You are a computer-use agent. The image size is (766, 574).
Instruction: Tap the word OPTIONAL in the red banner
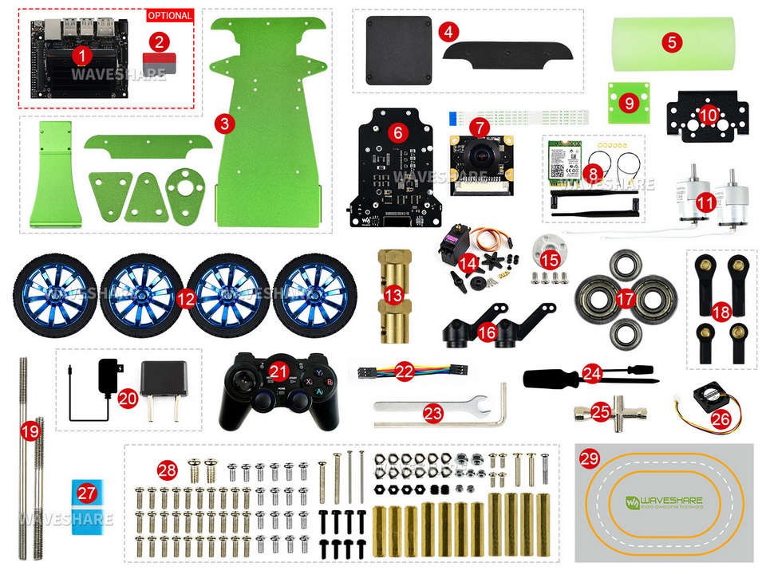170,15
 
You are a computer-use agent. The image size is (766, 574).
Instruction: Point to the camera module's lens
480,154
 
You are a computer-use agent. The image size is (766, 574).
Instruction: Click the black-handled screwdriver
559,375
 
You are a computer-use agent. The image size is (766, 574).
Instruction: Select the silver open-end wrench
431,407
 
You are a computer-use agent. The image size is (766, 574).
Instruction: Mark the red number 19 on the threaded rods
30,431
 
